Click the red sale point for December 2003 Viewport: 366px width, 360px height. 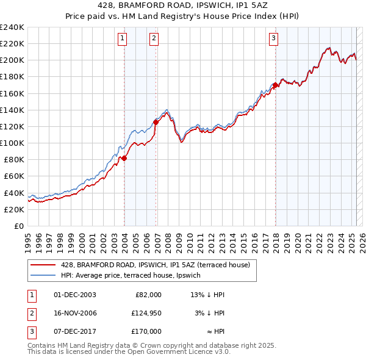point(124,158)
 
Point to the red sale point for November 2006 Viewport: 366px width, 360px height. point(156,122)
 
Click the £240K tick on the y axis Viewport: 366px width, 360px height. point(12,27)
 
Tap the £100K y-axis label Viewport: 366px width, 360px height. point(12,143)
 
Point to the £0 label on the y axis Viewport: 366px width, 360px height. point(18,226)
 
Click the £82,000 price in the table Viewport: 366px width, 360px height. point(148,295)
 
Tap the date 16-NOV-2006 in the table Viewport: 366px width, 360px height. point(75,313)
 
